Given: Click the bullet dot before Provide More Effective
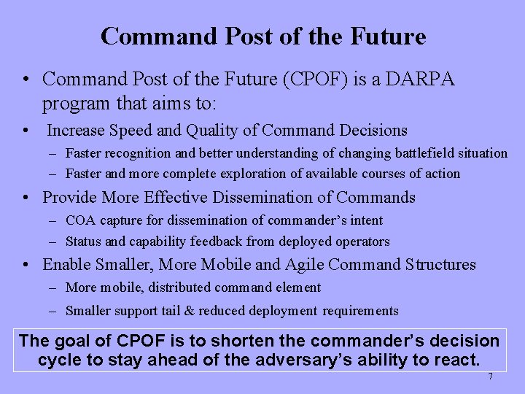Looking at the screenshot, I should click(26, 198).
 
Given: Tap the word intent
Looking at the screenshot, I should click(365, 220).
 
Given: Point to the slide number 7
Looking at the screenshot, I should click(490, 376).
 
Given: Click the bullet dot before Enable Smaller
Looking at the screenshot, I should click(26, 265).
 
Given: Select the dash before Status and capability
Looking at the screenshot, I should click(54, 242).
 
